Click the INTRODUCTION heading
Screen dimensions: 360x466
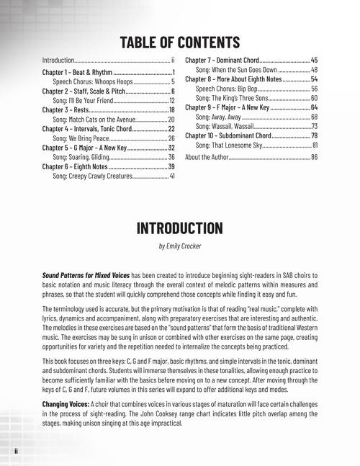[179, 229]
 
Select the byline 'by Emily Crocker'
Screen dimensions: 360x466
[179, 246]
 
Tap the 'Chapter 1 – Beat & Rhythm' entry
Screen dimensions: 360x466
[77, 73]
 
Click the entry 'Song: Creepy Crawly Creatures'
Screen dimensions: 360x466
[93, 175]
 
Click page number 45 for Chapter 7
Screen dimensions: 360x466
[314, 60]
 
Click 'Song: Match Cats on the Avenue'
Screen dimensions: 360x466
[94, 120]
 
